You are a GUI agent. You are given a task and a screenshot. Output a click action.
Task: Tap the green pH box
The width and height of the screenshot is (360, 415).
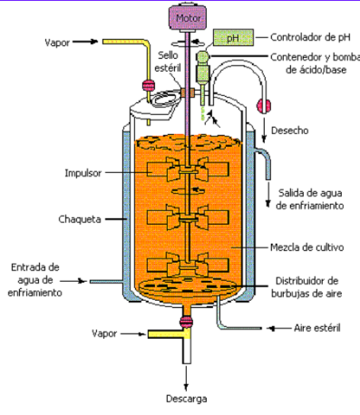230,37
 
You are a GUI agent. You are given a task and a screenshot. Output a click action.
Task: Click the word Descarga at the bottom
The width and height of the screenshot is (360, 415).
185,399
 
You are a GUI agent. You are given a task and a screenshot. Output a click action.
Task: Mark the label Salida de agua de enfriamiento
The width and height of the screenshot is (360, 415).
310,199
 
